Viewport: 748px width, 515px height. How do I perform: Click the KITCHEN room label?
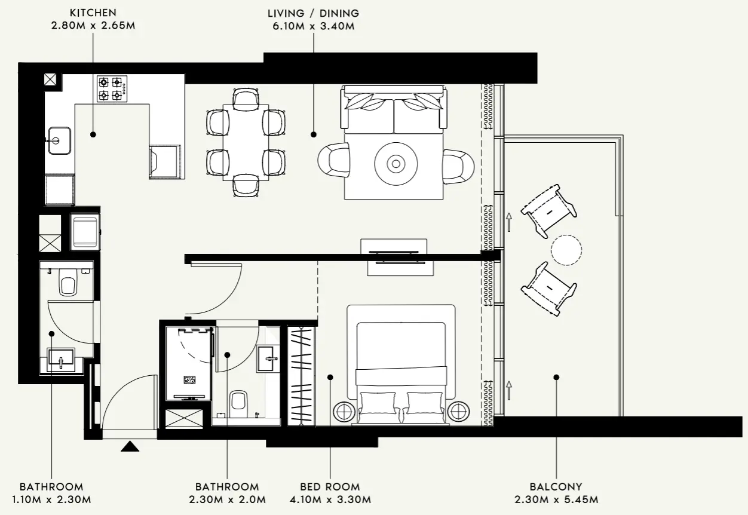pos(93,13)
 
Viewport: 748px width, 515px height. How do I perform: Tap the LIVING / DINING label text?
pos(313,13)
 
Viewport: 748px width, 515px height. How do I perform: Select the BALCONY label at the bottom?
pos(556,487)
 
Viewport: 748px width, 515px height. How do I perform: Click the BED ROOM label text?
pos(330,487)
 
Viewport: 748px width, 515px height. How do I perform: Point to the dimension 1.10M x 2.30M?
pos(51,499)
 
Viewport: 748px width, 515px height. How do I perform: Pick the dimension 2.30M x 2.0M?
pos(227,499)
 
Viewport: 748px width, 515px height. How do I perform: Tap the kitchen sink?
pos(59,140)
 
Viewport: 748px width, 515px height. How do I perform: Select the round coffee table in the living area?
pos(395,162)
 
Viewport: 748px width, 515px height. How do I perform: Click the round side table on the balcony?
pos(566,250)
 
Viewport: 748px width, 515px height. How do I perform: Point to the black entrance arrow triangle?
pos(130,446)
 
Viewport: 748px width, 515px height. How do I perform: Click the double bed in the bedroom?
pos(401,364)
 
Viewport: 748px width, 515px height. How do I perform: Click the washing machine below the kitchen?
pos(84,232)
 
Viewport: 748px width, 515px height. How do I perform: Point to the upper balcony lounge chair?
pos(548,210)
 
